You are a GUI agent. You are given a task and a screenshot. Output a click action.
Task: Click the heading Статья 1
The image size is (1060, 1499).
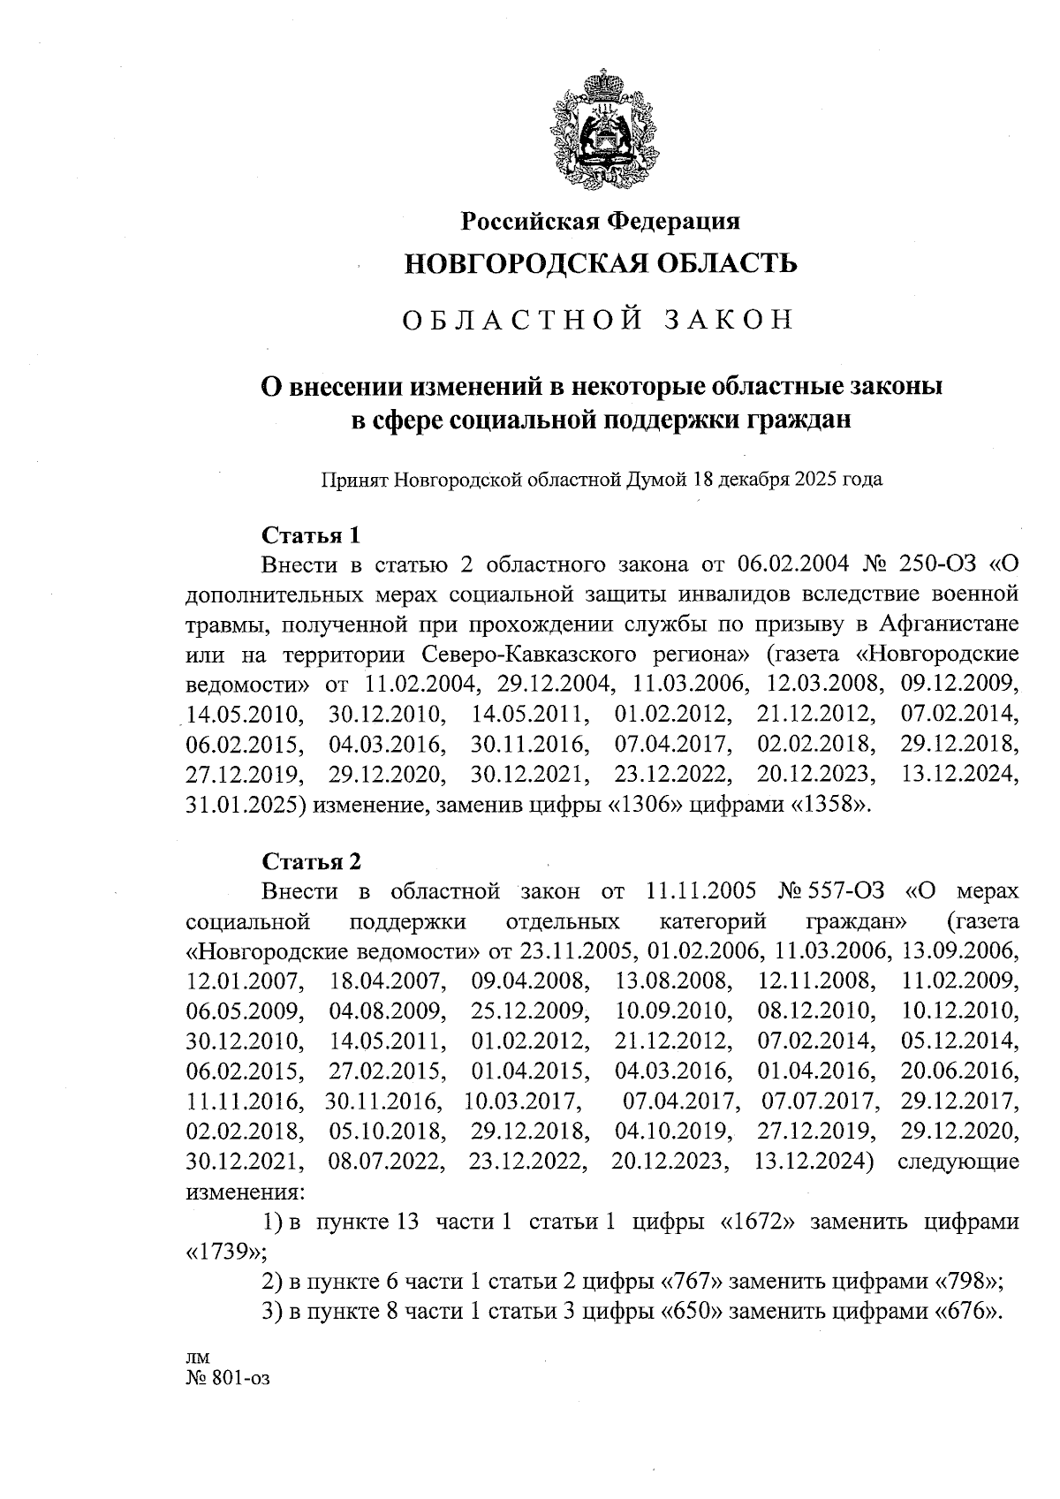point(312,535)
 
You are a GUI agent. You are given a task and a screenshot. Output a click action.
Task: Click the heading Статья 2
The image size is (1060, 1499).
point(312,861)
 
